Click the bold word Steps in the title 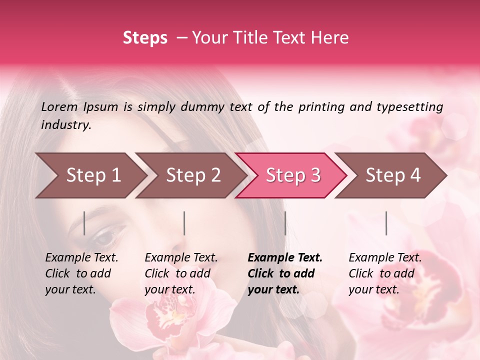click(145, 38)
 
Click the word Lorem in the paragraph click(59, 106)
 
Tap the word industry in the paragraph click(65, 125)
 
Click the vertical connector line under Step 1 click(84, 223)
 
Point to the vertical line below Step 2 click(184, 223)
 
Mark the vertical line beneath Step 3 click(285, 223)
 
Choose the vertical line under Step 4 click(386, 223)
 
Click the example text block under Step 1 click(81, 273)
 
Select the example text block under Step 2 click(181, 273)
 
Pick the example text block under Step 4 click(385, 273)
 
